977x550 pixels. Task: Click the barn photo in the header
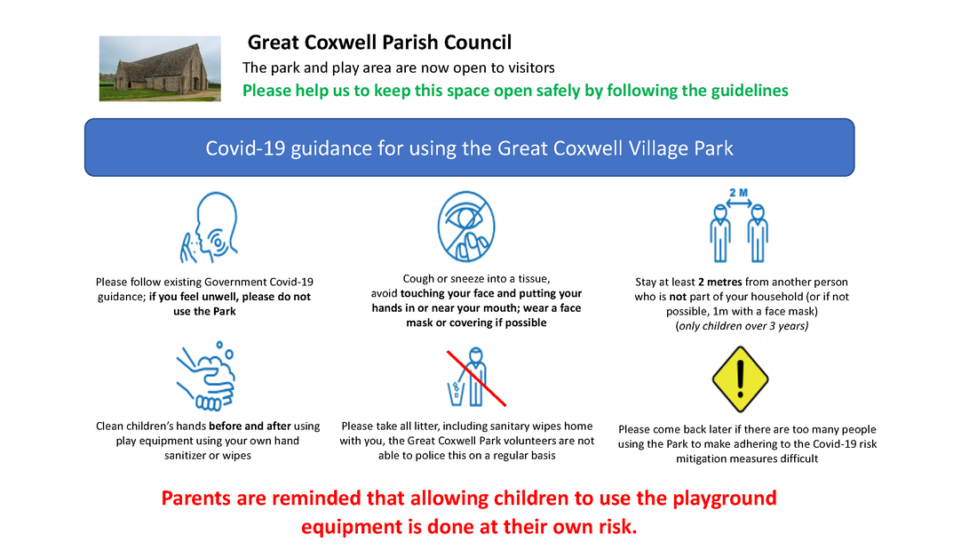point(160,68)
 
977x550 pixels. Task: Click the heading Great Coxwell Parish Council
point(379,43)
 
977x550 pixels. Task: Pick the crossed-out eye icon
point(466,227)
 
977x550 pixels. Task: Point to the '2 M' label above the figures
point(739,194)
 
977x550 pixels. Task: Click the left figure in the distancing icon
point(720,234)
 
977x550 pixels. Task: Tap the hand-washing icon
point(206,376)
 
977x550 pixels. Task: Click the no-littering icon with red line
point(475,378)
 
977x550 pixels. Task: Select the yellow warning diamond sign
point(740,379)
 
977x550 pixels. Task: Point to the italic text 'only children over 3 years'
point(743,325)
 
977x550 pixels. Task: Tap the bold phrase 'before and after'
point(250,426)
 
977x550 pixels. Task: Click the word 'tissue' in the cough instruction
point(531,279)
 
